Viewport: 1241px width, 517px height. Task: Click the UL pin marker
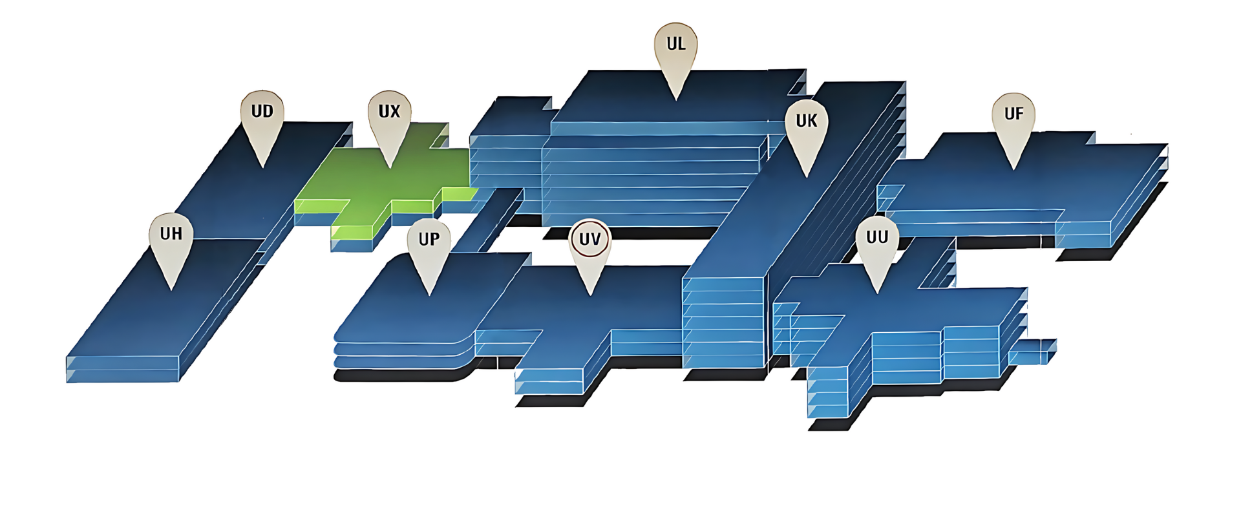(x=675, y=52)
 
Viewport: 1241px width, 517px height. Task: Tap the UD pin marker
(x=262, y=120)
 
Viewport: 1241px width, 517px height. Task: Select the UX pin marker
(x=389, y=120)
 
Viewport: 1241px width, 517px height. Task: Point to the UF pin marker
(x=1013, y=121)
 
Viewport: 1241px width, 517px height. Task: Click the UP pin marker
(x=429, y=247)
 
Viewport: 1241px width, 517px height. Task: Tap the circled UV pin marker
(x=590, y=247)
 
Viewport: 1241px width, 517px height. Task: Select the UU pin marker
(x=877, y=246)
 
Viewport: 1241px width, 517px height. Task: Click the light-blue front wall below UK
(x=724, y=323)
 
